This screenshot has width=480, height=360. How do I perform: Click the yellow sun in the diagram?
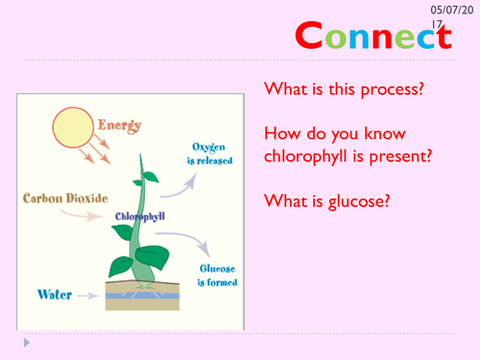73,130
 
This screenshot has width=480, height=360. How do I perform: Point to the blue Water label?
53,294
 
